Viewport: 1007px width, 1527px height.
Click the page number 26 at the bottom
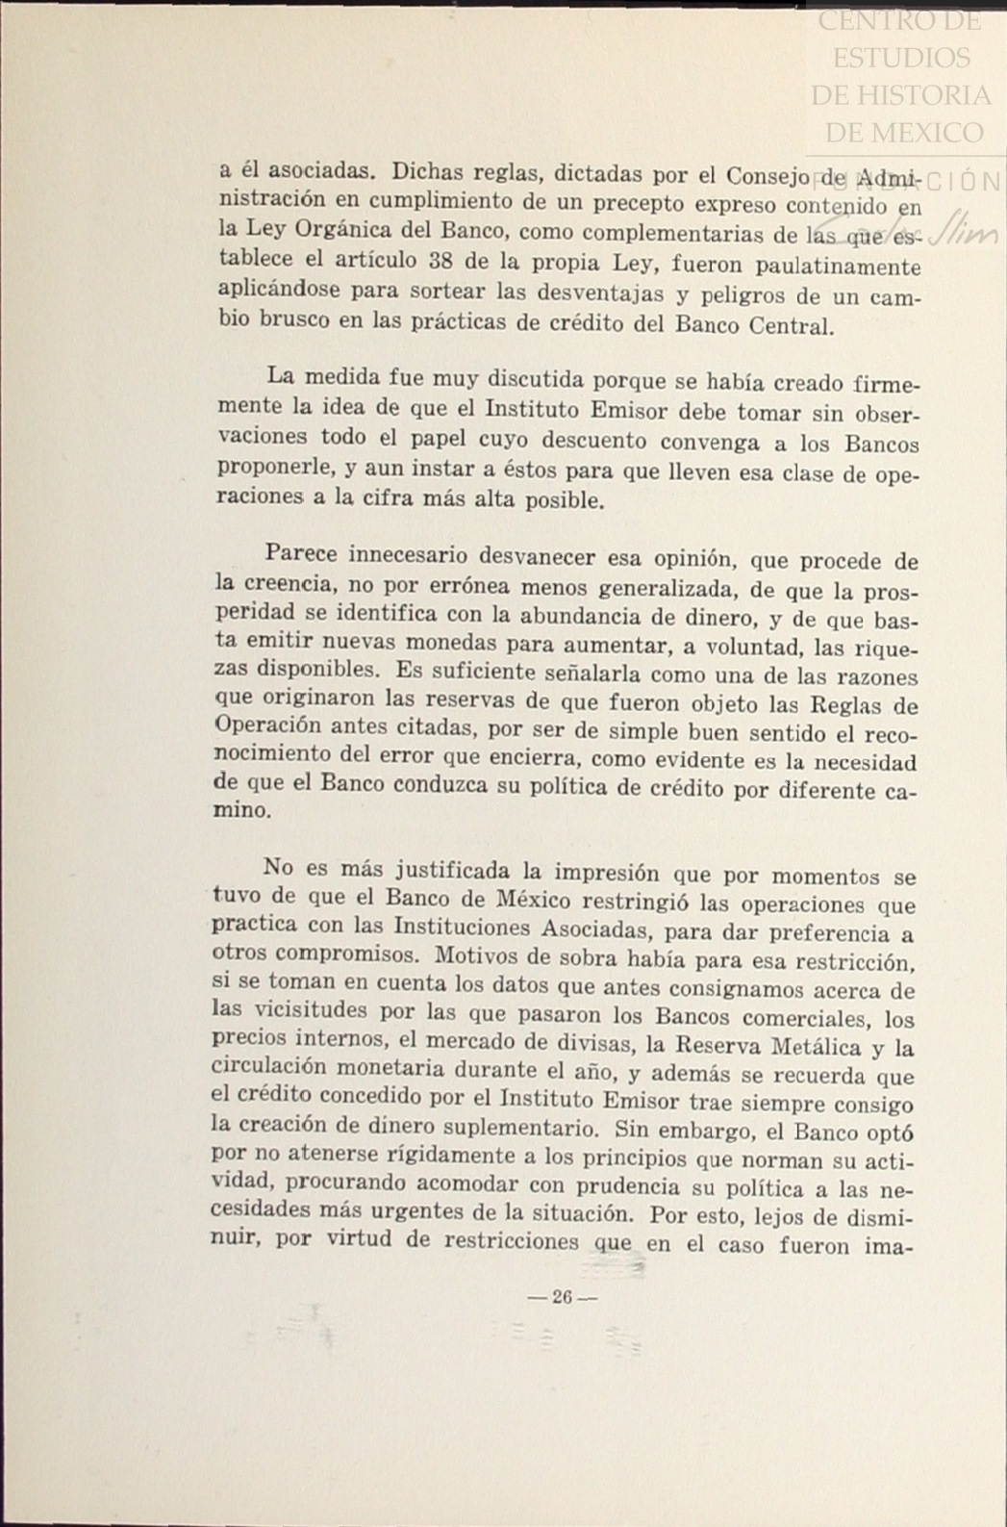pos(563,1297)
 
